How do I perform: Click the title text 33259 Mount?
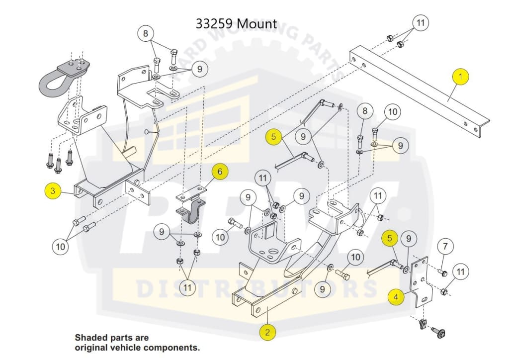point(236,23)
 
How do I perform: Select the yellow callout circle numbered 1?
point(461,77)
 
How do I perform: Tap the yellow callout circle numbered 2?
point(267,332)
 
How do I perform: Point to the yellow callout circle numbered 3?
point(53,190)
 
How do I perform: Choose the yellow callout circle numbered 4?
point(396,297)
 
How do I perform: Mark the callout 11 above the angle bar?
point(421,23)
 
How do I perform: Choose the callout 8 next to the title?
point(146,34)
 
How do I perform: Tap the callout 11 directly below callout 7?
point(461,271)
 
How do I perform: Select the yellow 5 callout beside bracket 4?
point(390,239)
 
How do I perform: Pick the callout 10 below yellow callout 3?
point(61,246)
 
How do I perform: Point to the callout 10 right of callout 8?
point(393,112)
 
